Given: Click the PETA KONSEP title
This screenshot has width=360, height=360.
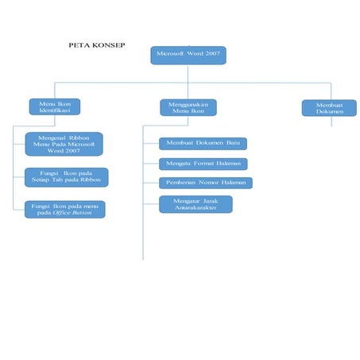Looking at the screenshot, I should (x=96, y=47).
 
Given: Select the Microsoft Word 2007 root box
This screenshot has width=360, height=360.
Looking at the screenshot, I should (x=188, y=56).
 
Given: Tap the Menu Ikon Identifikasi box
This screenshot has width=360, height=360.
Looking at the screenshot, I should (x=55, y=106).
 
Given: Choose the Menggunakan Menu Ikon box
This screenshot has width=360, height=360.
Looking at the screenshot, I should (x=188, y=106).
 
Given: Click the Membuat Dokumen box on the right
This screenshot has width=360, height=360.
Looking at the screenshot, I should (x=328, y=107).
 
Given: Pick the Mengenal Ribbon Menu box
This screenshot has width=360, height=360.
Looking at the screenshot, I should (x=64, y=144).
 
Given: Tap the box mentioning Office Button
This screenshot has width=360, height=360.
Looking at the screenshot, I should (x=64, y=209).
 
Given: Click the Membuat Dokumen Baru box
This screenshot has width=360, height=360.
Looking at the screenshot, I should (x=203, y=144).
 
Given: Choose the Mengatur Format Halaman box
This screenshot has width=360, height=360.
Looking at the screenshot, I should (x=203, y=164).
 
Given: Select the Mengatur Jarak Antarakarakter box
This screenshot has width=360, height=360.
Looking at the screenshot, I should (x=195, y=204).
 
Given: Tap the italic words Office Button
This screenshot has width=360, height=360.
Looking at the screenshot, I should (x=72, y=213).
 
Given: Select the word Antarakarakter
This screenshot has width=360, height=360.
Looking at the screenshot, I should (x=196, y=208).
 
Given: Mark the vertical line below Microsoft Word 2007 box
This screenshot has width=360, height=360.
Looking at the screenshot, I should (x=188, y=73).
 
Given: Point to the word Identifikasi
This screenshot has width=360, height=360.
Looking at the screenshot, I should (x=55, y=110).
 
